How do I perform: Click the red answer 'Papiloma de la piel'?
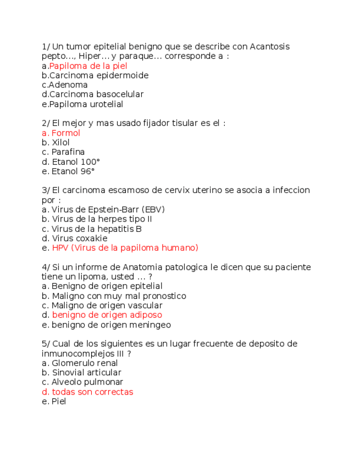point(88,66)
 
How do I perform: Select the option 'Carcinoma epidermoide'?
point(98,75)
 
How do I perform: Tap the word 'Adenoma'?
point(68,85)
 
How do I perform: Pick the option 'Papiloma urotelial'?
point(86,104)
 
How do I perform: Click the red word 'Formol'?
point(66,133)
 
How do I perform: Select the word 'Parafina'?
point(68,152)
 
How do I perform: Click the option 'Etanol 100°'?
point(76,162)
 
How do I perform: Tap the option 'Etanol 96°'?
point(73,171)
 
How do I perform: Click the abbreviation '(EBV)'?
point(153,209)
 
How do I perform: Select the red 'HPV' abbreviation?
point(60,248)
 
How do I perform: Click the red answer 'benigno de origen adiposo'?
point(107,315)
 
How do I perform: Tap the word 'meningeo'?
point(151,325)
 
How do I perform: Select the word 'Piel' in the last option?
point(58,401)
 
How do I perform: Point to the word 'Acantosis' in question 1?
point(269,47)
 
